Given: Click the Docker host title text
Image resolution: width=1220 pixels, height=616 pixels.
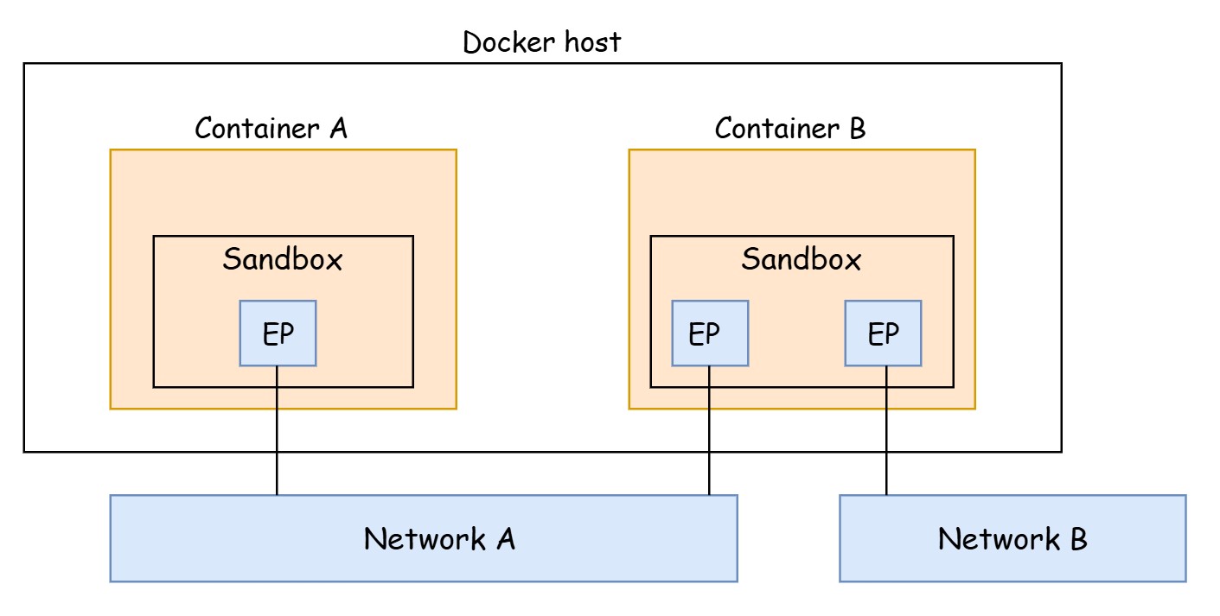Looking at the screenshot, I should pos(541,42).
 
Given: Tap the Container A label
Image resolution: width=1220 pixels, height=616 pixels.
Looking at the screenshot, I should pos(271,129).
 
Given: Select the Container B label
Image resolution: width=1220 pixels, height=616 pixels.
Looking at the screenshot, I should pos(789,129).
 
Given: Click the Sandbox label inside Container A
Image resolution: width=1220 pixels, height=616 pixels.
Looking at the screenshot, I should pos(283,259).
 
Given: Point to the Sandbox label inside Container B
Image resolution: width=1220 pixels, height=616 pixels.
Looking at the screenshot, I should pos(801,259).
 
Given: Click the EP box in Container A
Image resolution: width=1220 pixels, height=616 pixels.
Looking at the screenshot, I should pos(278,333).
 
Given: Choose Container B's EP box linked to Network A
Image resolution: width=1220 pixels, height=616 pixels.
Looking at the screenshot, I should pos(710,333).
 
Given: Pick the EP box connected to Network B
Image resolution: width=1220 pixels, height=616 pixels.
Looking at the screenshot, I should pos(883,333).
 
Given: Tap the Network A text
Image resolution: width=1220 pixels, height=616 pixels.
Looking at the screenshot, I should pos(439,539).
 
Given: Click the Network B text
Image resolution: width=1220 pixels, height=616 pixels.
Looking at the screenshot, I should pos(1012,539).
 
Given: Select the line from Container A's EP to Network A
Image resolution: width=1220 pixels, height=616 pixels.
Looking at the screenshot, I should pos(278,432).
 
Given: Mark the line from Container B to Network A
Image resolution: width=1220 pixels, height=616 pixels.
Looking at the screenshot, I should pos(710,432).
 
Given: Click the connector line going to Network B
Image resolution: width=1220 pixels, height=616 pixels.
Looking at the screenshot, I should pos(886,432).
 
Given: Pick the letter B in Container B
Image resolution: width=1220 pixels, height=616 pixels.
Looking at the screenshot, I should pos(856,129).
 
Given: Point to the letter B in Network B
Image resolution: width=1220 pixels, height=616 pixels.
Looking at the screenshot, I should pos(1077,539).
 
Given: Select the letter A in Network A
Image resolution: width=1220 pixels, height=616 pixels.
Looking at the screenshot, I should pos(506,539).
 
